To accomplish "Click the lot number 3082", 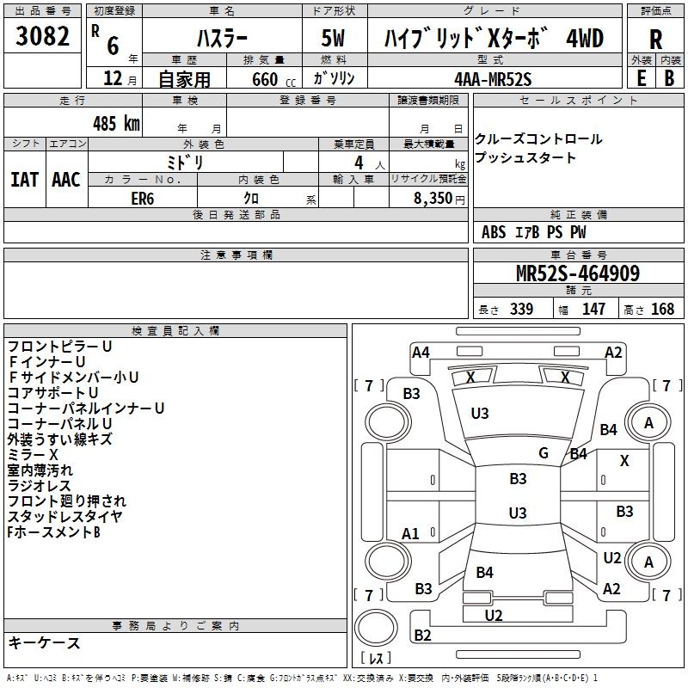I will (43, 38).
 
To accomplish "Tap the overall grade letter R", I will (655, 40).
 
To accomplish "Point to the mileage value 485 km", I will (116, 123).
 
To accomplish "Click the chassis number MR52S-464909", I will (577, 273).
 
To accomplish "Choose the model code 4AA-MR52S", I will (494, 78).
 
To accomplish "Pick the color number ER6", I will (143, 197).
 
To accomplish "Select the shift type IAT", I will (24, 179).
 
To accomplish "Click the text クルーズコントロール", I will (538, 139).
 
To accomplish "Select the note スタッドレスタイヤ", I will (64, 517).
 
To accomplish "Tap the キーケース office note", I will (44, 642).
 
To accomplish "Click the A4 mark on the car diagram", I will (421, 352).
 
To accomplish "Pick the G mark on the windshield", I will (544, 453).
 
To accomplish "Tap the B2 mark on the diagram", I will (422, 636).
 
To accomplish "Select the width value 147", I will (593, 310).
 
